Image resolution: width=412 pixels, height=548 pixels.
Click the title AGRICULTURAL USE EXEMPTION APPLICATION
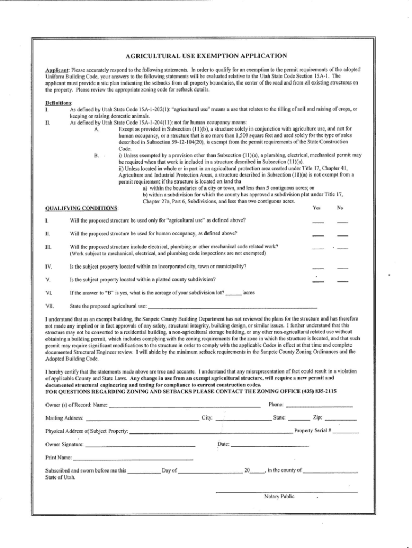206,56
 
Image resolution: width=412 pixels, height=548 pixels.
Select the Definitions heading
60,102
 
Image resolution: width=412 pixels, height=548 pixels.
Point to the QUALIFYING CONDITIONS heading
83,208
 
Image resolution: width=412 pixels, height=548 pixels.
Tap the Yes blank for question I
318,222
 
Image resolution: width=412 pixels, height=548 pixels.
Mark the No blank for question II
343,235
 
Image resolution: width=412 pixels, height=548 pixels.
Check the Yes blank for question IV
318,268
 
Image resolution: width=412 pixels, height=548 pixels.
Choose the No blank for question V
343,281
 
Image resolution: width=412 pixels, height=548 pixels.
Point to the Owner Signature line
140,446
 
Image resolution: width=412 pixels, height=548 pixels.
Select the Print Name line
133,459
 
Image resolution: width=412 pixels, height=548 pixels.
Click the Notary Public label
279,497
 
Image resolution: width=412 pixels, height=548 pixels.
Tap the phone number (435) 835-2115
310,391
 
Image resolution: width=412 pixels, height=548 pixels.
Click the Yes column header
317,208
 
